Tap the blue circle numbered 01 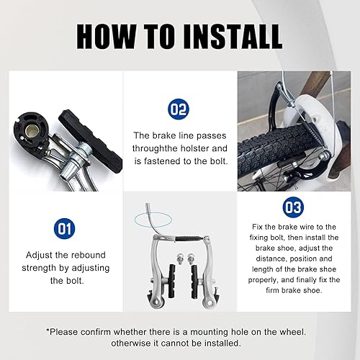click(x=61, y=230)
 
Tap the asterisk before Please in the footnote click(x=48, y=332)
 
